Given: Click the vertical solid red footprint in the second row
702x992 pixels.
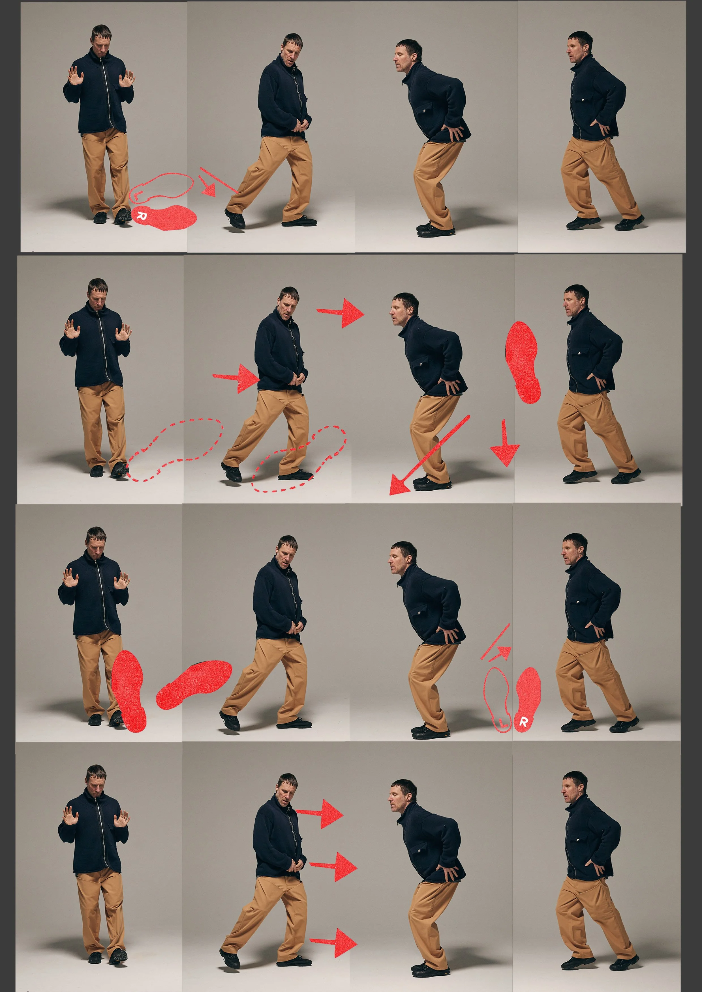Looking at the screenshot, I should pos(523,362).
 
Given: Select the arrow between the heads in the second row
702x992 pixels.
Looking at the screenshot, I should pos(342,312).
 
